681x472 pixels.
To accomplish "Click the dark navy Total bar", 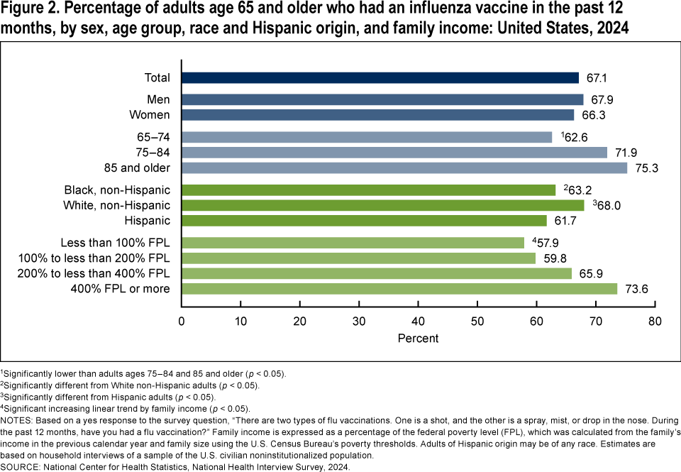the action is pos(380,78).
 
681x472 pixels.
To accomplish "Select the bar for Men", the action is pos(382,99).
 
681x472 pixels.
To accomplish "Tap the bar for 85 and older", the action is pos(404,168).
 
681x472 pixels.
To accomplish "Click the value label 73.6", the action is pos(636,289).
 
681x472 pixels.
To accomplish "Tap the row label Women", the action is pos(150,115).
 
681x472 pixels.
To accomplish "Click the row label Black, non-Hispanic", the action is pos(117,190).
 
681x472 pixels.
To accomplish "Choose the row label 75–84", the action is pos(154,153).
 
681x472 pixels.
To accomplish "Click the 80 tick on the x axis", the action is pos(654,322).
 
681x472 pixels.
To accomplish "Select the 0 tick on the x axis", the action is pos(182,322).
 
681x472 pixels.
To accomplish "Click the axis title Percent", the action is pos(418,339).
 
